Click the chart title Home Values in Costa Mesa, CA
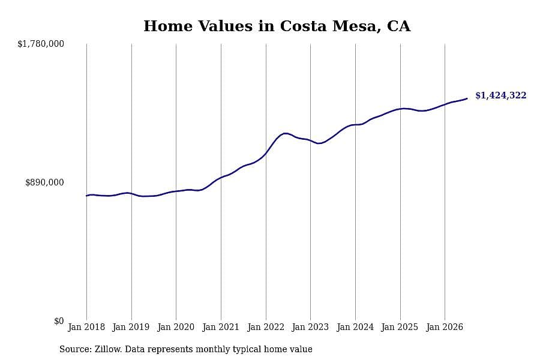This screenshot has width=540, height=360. pos(277,26)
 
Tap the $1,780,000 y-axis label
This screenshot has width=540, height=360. pos(41,44)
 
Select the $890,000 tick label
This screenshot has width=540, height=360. pos(44,182)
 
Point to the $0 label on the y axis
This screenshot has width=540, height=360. pos(59,321)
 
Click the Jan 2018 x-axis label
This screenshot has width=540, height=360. pos(86,327)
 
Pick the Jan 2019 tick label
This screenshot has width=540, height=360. pos(131,327)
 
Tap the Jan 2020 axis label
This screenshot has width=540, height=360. pos(176,327)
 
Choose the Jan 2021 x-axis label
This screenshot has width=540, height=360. pos(221,327)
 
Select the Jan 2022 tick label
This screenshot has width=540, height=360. pos(266,327)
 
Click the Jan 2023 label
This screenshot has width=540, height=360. pos(310,327)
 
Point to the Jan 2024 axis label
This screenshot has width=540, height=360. pos(355,327)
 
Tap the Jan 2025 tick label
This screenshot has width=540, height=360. pos(400,327)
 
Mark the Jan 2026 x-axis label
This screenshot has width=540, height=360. pos(445,327)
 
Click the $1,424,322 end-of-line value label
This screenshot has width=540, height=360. pos(501,95)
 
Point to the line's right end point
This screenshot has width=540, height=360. pos(467,98)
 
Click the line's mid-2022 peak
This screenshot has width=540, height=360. pos(285,133)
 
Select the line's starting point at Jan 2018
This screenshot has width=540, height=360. pos(86,196)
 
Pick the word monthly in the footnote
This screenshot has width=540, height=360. pos(213,349)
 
